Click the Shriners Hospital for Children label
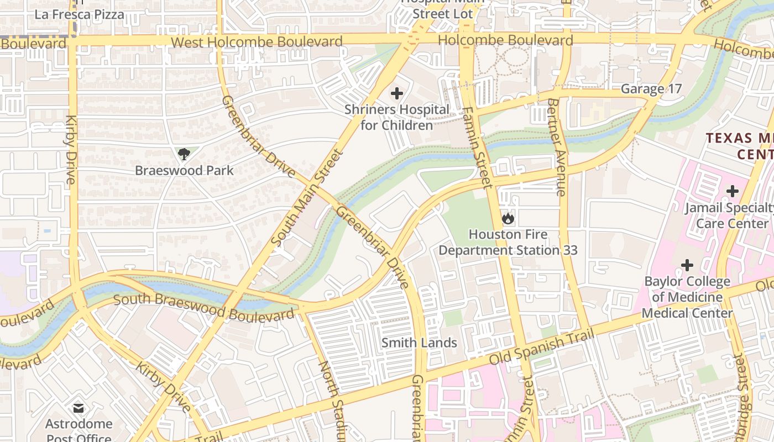[x=396, y=117]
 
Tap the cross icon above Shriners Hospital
[x=396, y=93]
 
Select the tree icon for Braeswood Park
[x=184, y=154]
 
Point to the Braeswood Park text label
[x=184, y=170]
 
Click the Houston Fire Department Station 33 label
[x=508, y=242]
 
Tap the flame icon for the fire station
[x=508, y=218]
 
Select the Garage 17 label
[x=651, y=89]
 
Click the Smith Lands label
[x=419, y=343]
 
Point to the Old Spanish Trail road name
[x=542, y=346]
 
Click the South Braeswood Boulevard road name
[x=203, y=308]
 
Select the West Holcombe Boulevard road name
[x=257, y=42]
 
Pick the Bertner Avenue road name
[x=557, y=147]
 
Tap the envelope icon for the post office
[x=79, y=408]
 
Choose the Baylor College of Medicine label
[x=687, y=297]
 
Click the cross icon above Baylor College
[x=687, y=265]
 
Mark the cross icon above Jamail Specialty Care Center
[x=732, y=191]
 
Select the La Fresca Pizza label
[x=79, y=14]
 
